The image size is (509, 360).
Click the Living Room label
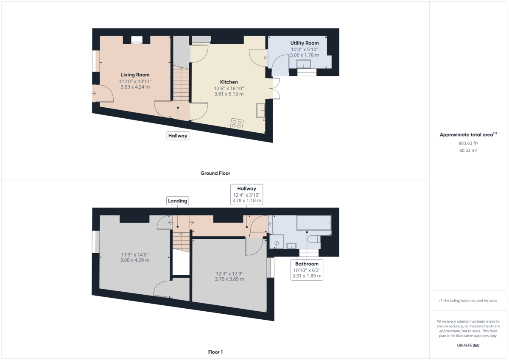pos(135,75)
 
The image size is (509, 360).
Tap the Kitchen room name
pos(229,82)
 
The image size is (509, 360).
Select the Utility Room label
pos(305,43)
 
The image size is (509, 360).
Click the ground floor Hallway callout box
pos(178,136)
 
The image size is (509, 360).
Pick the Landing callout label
pos(177,201)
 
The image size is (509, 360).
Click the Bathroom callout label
pos(307,264)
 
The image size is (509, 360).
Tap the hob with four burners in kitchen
pos(237,124)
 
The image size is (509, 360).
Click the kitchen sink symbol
pos(260,110)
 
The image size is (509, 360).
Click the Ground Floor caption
pos(215,173)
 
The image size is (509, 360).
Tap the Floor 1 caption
pos(215,352)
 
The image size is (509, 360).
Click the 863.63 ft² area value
pos(468,143)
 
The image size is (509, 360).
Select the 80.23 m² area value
pos(468,150)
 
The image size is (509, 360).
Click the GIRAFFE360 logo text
pos(468,345)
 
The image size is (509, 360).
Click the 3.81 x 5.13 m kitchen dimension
pos(229,94)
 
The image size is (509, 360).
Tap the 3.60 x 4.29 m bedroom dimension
pos(135,260)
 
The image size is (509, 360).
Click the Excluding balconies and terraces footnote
pos(468,300)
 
